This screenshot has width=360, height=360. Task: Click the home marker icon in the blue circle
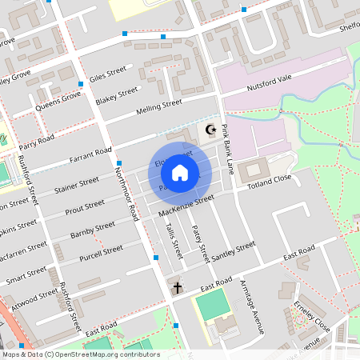click(180, 172)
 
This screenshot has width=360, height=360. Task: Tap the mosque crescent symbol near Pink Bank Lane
click(211, 130)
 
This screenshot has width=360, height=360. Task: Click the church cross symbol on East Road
click(177, 287)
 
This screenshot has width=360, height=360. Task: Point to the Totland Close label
click(270, 182)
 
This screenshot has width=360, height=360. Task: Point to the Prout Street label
click(85, 207)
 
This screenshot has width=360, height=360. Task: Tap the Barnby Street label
click(94, 232)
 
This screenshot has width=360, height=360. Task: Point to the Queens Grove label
click(58, 101)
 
